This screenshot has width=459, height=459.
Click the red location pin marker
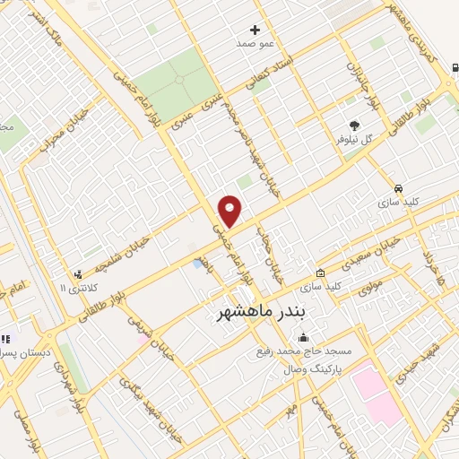tap(230, 211)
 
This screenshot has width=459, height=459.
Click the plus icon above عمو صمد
tap(256, 30)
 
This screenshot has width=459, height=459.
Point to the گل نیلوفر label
tap(353, 140)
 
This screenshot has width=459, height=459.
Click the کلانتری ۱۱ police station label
tap(74, 288)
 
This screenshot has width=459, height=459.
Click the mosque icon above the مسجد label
tap(303, 339)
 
